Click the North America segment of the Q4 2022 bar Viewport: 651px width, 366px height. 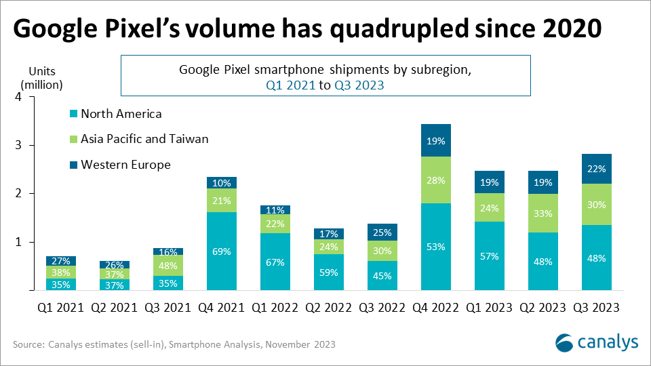pos(436,247)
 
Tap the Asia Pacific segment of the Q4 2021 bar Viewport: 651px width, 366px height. pos(222,201)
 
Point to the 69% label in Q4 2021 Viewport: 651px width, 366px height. pos(222,251)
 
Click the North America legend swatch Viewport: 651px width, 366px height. pos(75,115)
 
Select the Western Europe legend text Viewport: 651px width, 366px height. pos(125,165)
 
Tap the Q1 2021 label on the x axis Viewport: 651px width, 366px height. pos(61,308)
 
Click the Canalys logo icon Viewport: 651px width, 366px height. pos(566,343)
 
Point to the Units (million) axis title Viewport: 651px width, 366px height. pos(41,77)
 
